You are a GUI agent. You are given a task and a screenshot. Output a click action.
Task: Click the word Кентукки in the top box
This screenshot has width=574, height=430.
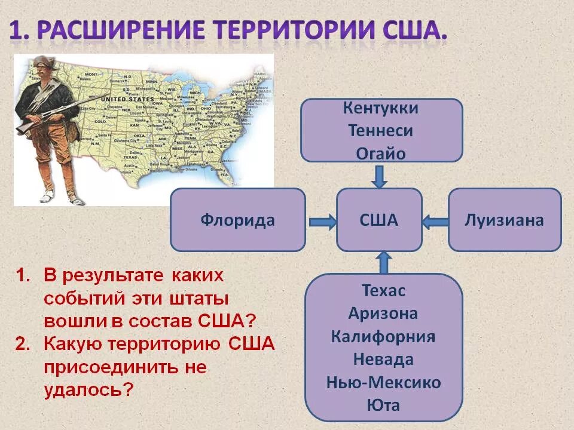point(381,109)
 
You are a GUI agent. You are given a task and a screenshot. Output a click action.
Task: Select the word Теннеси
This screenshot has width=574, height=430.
point(381,131)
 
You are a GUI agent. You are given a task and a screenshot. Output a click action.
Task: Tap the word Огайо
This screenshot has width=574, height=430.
point(381,153)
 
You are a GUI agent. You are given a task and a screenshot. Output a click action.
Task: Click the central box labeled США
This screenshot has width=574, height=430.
point(379,220)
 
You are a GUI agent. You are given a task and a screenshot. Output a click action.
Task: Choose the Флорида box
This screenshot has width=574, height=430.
point(237,220)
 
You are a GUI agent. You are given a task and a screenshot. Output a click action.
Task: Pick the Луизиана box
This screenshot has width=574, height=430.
point(505,220)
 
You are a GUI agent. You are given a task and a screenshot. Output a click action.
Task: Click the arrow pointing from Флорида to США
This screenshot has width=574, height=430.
point(322,222)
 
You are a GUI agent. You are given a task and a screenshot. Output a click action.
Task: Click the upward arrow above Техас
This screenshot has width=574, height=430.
point(384,262)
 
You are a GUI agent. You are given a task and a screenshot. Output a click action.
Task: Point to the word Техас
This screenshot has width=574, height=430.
point(383,291)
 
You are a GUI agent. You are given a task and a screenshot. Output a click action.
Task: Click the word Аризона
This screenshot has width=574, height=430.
point(383,314)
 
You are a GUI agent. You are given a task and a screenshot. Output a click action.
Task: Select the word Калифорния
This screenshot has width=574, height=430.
point(383,336)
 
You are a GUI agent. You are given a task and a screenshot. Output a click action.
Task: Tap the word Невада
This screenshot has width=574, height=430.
point(383,360)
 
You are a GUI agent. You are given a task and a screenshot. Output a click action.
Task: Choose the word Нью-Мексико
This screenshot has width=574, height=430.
point(383,382)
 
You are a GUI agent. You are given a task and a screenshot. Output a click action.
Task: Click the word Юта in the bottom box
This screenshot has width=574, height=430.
point(383,406)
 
